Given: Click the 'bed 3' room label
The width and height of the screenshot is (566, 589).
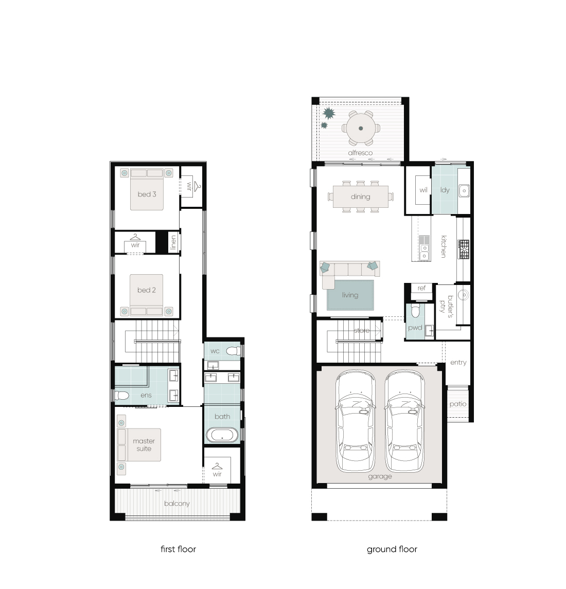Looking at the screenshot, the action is (147, 194).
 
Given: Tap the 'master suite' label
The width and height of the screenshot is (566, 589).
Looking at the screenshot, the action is (144, 445).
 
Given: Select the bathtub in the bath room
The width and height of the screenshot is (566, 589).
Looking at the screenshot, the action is (222, 436).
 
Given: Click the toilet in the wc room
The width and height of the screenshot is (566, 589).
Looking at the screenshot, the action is (234, 351).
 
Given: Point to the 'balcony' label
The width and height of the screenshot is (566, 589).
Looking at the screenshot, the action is (176, 504).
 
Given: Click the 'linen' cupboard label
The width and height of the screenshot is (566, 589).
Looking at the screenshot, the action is (173, 242).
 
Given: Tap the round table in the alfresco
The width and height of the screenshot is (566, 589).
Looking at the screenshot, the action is (361, 128).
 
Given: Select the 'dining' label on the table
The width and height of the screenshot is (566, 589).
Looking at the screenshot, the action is (360, 197).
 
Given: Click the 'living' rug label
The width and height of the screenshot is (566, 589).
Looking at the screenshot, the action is (350, 295).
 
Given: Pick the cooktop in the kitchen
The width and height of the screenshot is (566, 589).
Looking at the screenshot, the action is (464, 249).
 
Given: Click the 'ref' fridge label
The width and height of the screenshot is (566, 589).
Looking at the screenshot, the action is (421, 288).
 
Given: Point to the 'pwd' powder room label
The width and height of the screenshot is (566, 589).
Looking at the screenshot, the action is (415, 328).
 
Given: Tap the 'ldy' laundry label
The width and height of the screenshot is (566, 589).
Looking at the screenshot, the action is (445, 190).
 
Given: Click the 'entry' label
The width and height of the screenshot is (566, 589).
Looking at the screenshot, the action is (458, 363).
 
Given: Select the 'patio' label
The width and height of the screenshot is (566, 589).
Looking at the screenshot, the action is (458, 404).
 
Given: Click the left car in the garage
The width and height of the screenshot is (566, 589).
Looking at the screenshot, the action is (355, 421).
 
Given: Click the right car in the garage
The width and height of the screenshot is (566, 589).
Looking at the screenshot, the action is (404, 421).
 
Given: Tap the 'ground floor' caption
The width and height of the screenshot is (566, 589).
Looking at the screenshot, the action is (392, 549).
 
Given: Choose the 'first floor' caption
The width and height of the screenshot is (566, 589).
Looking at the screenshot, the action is (178, 549).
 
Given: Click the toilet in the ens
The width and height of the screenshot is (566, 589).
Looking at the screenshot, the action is (122, 396).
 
